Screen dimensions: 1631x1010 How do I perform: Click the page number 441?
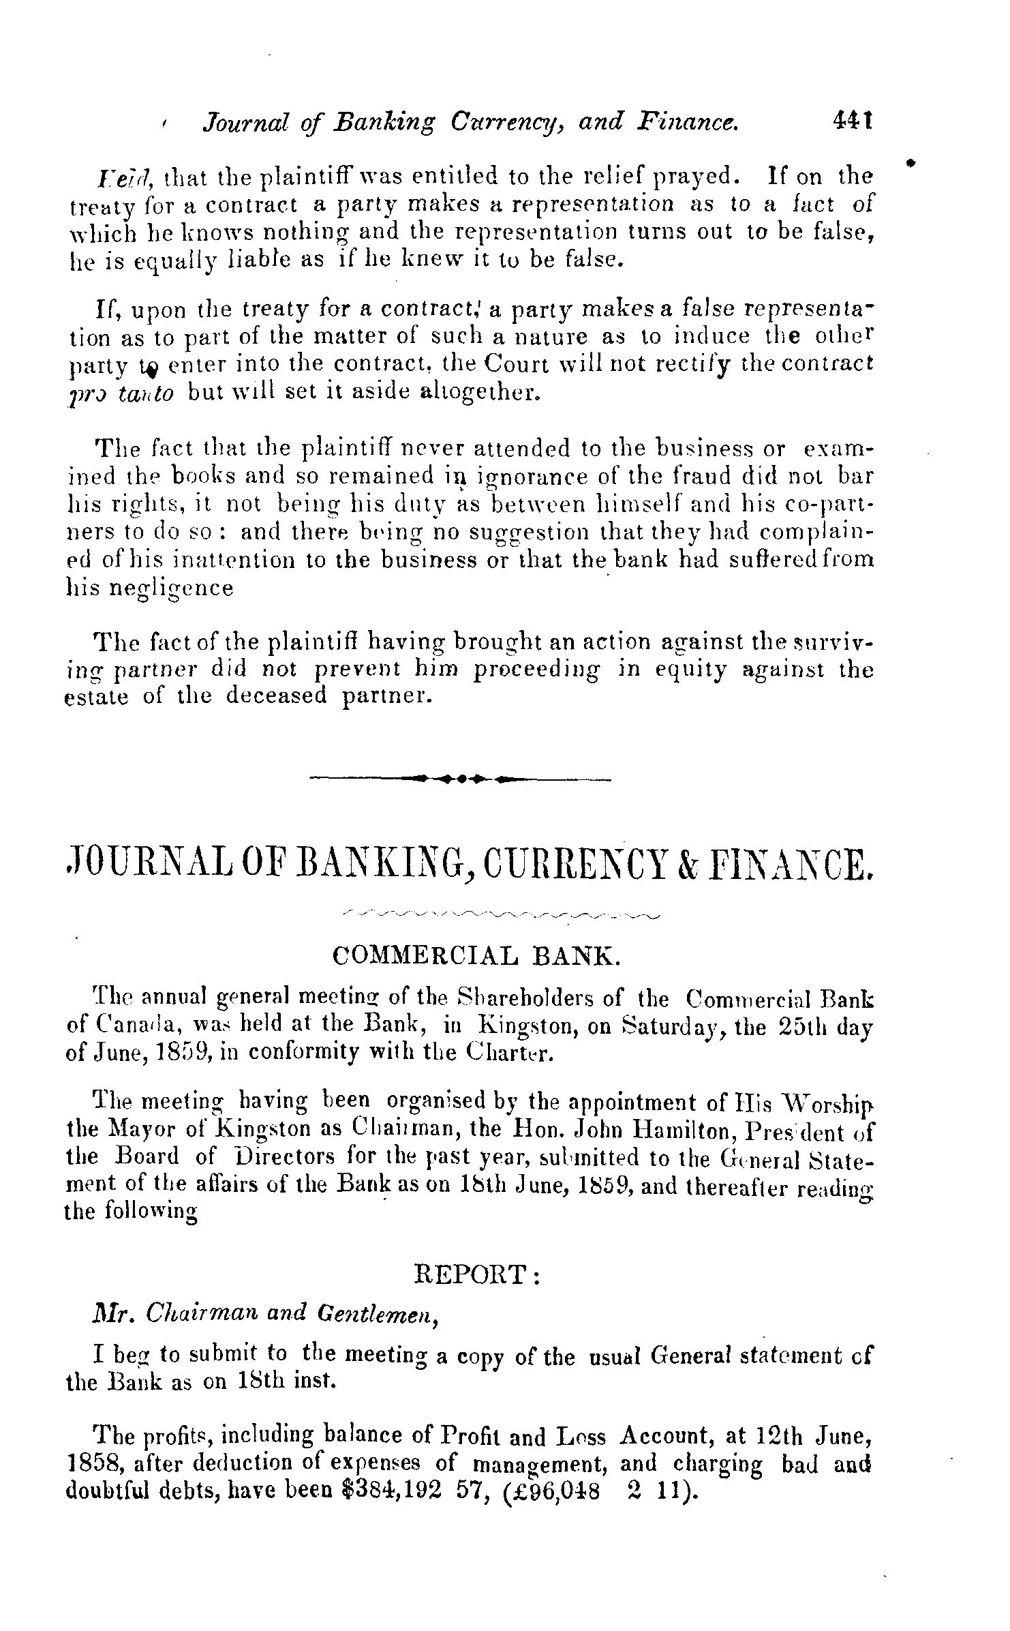click(853, 121)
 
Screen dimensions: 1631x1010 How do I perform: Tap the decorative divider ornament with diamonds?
click(461, 777)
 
